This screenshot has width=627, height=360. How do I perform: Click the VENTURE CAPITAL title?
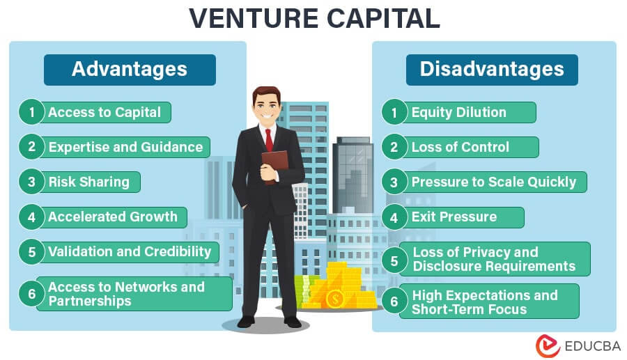314,18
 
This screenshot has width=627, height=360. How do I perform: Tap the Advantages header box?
130,70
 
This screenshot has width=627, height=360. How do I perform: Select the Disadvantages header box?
492,70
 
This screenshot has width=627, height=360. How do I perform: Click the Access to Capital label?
104,112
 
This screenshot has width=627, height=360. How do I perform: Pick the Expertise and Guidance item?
125,147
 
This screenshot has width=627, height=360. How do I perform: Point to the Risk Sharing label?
88,182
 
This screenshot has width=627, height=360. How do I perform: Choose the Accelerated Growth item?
113,217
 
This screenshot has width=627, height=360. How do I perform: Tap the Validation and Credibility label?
130,251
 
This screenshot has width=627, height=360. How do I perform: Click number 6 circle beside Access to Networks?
31,294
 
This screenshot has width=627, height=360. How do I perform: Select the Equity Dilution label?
459,112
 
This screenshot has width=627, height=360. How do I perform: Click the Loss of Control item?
460,147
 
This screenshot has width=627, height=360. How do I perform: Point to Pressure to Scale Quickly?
494,182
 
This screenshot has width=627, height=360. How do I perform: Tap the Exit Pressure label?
454,217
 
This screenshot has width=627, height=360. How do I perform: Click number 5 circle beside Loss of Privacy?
394,260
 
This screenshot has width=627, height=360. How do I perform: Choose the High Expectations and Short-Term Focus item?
485,302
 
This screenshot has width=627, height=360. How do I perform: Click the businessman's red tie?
269,140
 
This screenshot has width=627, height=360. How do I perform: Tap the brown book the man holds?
274,164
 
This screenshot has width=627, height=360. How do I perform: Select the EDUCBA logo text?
593,346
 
